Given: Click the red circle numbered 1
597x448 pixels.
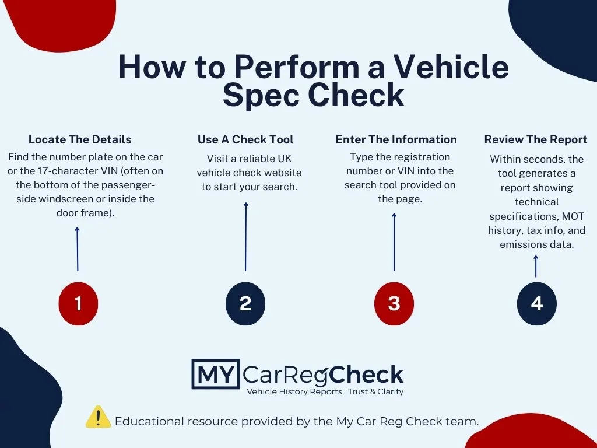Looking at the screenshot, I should coord(78,303).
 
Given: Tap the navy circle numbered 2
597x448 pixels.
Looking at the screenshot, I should coord(245,303).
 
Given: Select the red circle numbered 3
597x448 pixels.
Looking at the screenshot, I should coord(394,303).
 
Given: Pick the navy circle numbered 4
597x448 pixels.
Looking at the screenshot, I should coord(536,303).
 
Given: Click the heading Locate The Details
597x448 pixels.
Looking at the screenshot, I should coord(80,139).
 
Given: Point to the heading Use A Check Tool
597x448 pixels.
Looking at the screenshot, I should coord(245,139).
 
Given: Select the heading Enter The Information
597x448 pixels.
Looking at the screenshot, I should coord(396,139).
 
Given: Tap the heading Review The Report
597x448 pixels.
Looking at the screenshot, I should coord(536,139).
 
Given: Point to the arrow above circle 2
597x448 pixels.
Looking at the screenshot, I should coord(245,236).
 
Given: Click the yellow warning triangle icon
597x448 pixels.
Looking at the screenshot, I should coord(98,417).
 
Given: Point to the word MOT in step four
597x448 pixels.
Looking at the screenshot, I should coord(573,216).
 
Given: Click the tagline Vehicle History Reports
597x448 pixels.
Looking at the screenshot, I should coord(294,391).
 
